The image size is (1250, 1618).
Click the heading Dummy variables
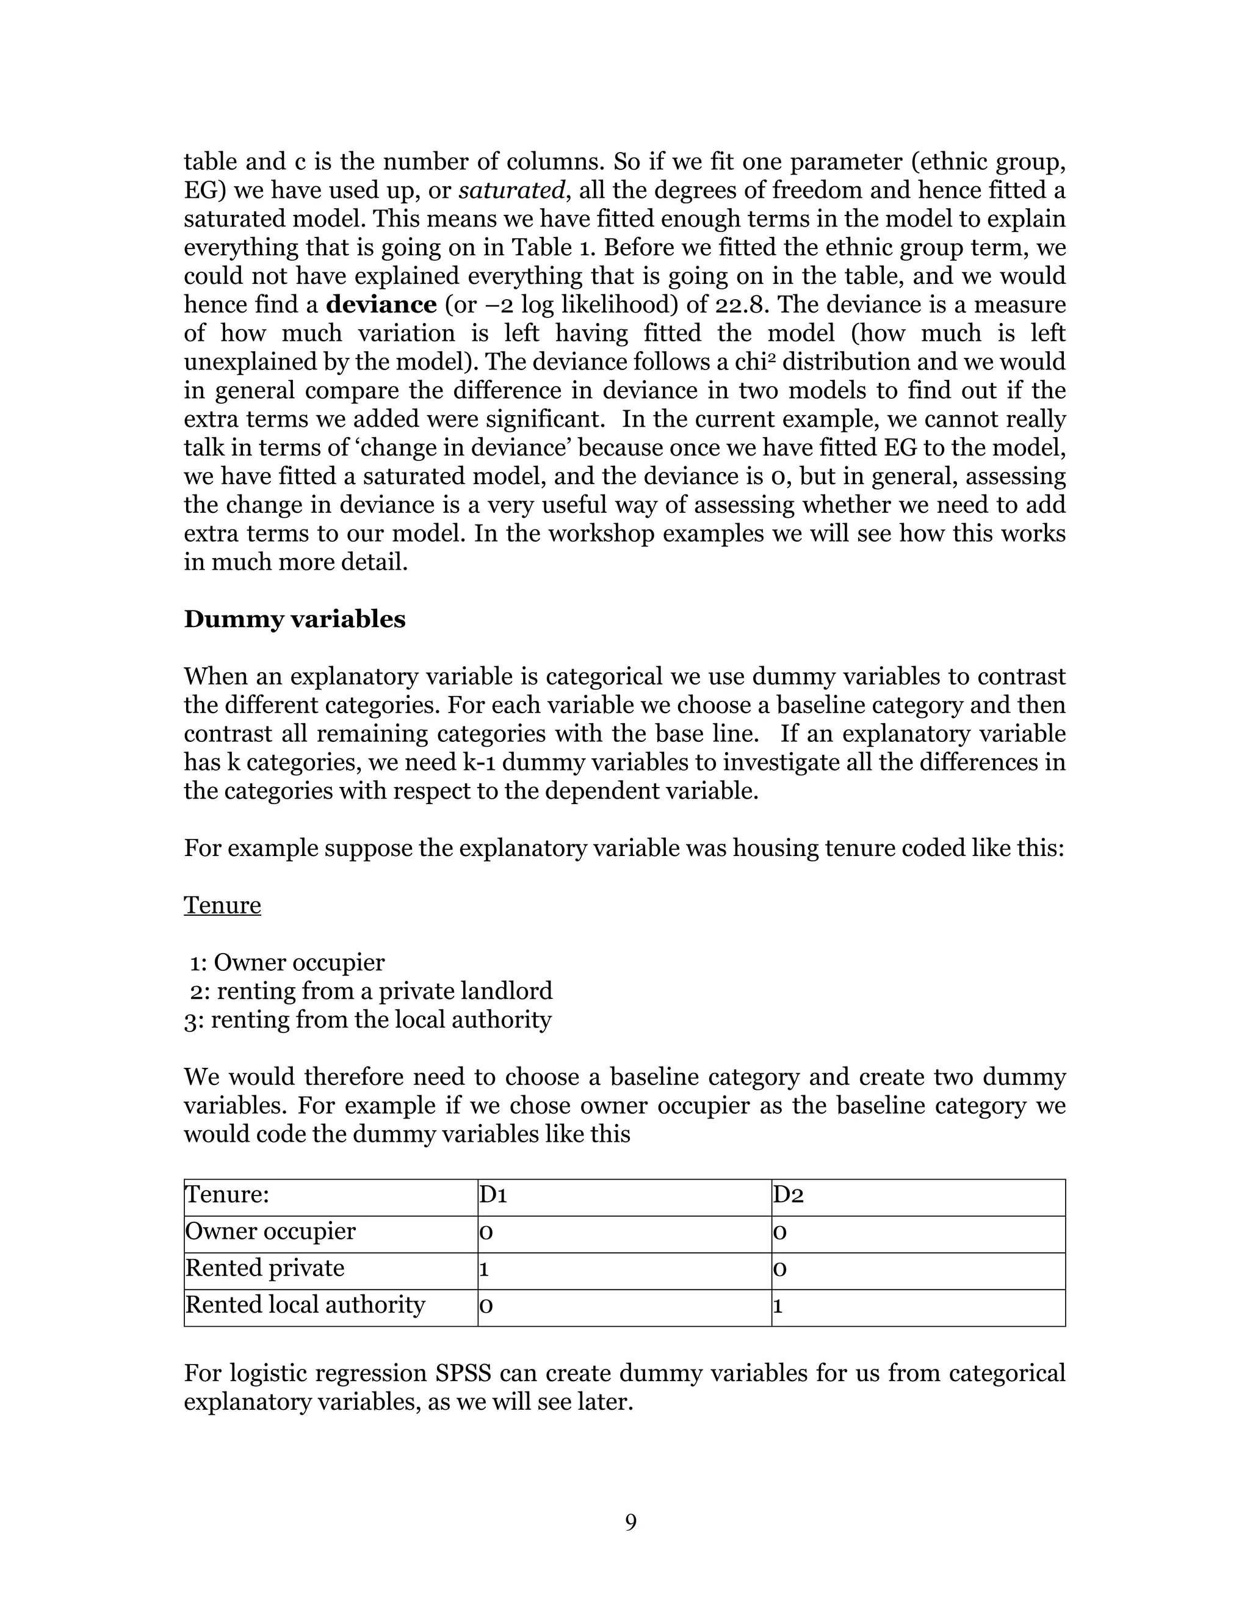click(294, 619)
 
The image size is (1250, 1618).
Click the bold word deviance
click(381, 305)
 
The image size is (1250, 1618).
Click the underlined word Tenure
click(222, 905)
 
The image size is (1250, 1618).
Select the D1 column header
click(493, 1195)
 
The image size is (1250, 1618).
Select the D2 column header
click(789, 1195)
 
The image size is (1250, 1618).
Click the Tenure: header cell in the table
click(226, 1195)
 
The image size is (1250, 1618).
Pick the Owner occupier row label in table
click(270, 1232)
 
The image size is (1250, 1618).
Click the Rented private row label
click(264, 1268)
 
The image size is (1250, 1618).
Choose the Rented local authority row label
click(305, 1304)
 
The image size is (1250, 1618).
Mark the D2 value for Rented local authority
click(778, 1305)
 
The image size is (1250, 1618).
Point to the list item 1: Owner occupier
click(287, 962)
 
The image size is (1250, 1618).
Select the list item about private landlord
click(372, 991)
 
